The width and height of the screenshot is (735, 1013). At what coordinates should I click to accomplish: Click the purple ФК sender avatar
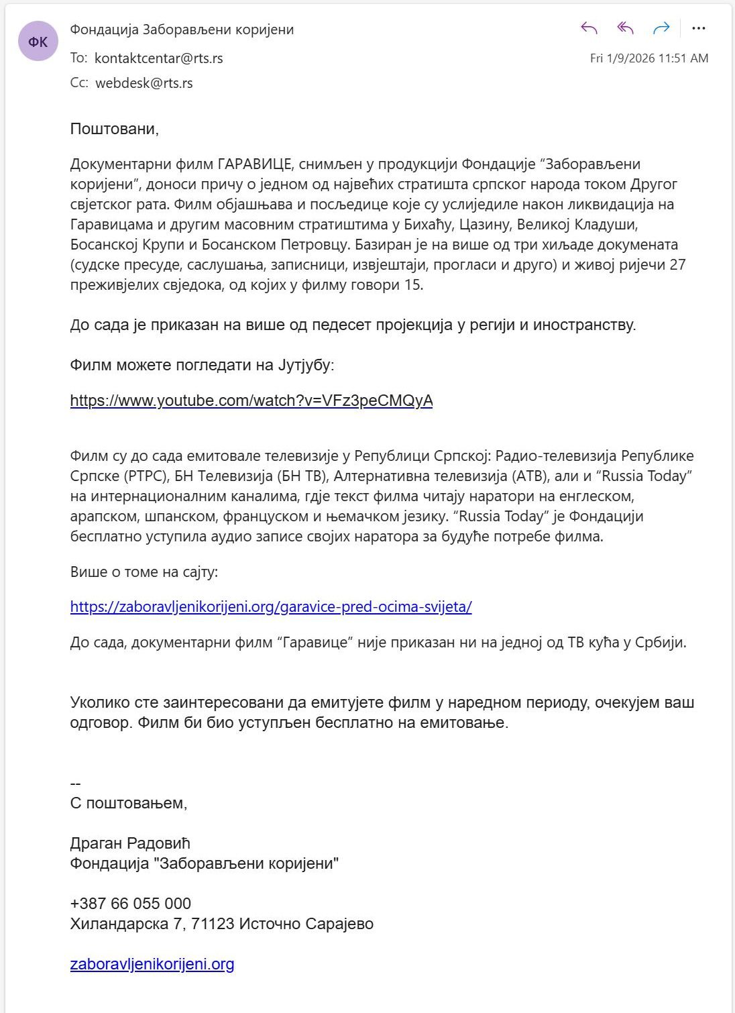tap(38, 42)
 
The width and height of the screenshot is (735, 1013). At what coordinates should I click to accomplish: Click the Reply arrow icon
tap(589, 28)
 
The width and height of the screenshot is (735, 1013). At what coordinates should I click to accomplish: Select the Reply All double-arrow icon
tap(625, 28)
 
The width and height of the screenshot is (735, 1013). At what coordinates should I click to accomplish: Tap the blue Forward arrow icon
tap(661, 28)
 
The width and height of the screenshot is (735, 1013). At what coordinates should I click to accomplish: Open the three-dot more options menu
tap(698, 28)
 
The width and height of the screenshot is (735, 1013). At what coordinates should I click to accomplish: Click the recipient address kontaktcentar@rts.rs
tap(159, 58)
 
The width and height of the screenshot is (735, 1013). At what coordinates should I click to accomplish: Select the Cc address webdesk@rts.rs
tap(144, 83)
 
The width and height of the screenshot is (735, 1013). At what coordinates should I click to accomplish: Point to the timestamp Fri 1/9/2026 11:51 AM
tap(648, 58)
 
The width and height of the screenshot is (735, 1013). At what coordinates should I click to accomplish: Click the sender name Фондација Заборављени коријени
tap(182, 30)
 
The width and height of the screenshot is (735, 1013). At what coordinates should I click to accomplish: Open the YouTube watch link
tap(251, 401)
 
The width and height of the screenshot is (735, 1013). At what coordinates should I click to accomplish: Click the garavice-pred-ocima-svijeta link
tap(271, 607)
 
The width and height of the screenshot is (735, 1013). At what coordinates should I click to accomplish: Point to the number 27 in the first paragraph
tap(677, 265)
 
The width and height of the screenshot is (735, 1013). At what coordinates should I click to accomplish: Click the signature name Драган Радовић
tap(130, 843)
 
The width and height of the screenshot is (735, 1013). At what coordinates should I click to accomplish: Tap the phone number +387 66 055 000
tap(131, 904)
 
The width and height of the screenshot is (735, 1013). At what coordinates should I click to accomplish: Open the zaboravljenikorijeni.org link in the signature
tap(152, 964)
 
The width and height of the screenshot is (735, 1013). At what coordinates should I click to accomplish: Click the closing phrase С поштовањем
tap(128, 803)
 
